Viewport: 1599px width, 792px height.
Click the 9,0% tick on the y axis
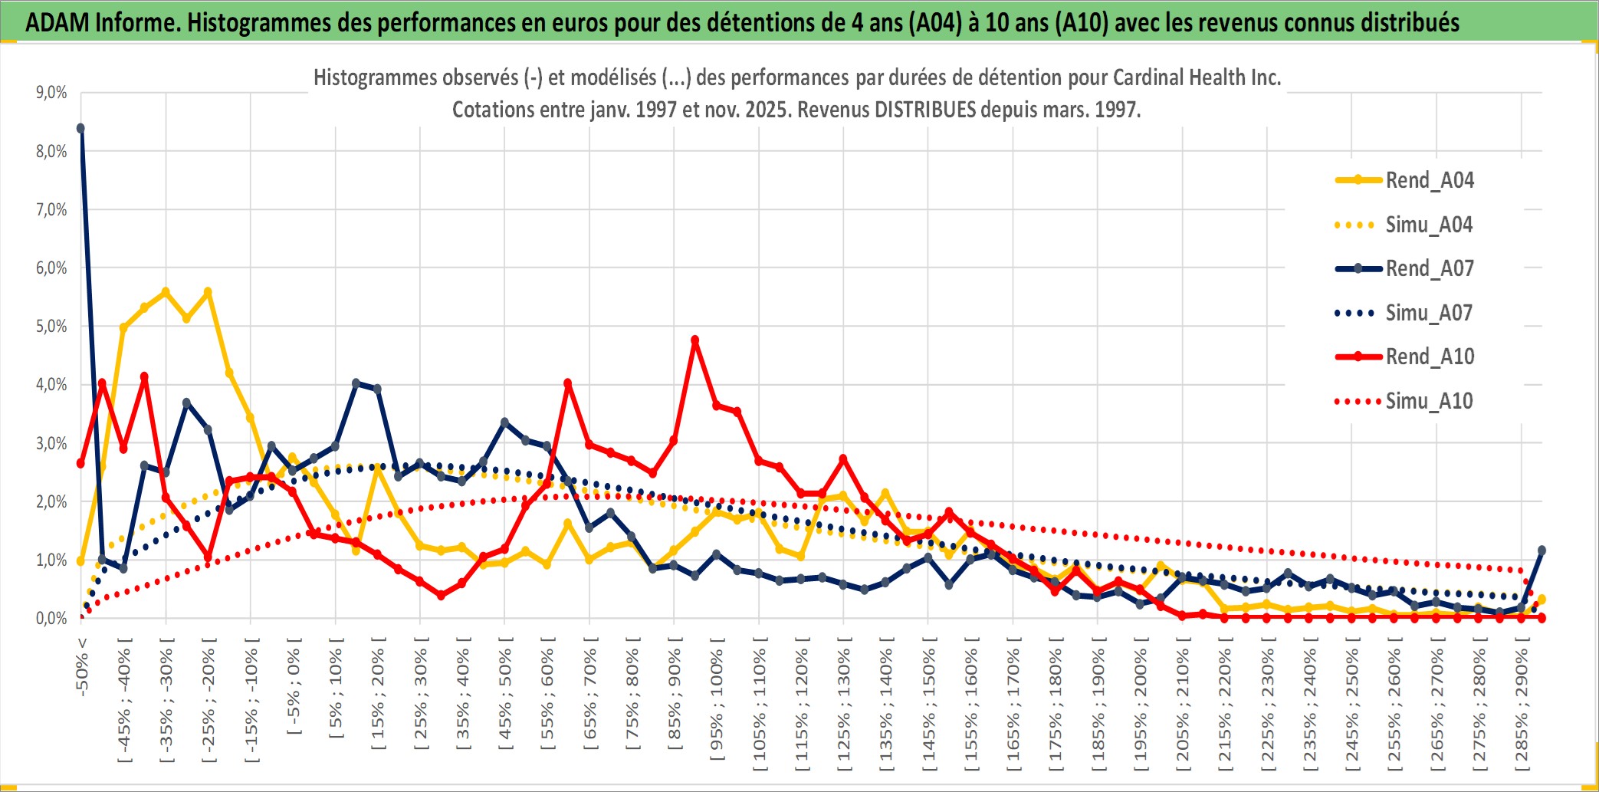[51, 93]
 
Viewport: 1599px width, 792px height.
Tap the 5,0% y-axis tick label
[51, 327]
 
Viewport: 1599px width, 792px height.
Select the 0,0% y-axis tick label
[51, 619]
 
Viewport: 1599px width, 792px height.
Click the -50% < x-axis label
[82, 666]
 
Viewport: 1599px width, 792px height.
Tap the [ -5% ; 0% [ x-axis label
[294, 686]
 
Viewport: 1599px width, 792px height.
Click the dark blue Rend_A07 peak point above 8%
[80, 129]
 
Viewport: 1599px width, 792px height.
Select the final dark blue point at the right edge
[1542, 550]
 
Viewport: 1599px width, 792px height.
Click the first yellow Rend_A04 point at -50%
[80, 561]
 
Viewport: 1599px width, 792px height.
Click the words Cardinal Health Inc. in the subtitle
[1197, 77]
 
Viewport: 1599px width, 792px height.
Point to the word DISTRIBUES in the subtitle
[926, 110]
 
